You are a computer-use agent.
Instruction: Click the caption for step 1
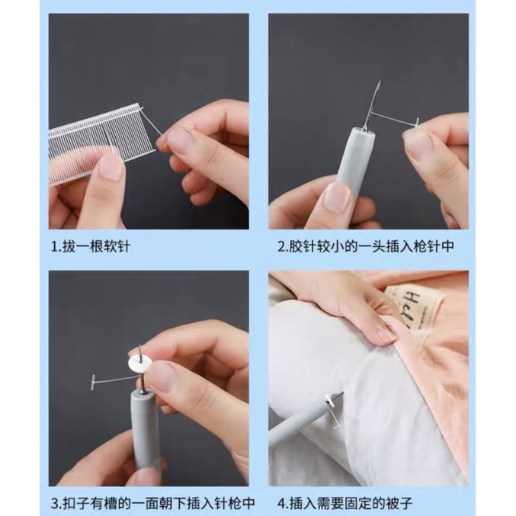coord(91,246)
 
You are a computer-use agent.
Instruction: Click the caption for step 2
coord(366,246)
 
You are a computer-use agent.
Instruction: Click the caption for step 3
coord(153,503)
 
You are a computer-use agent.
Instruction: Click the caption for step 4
coord(345,503)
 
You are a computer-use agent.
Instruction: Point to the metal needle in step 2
coord(372,106)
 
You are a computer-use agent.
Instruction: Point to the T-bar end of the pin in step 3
coord(91,382)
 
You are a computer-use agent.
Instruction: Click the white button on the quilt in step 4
coord(329,400)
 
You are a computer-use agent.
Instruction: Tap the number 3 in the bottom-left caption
coord(55,503)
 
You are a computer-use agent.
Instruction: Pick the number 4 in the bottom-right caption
coord(281,503)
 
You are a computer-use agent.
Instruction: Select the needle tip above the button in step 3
coord(139,345)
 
